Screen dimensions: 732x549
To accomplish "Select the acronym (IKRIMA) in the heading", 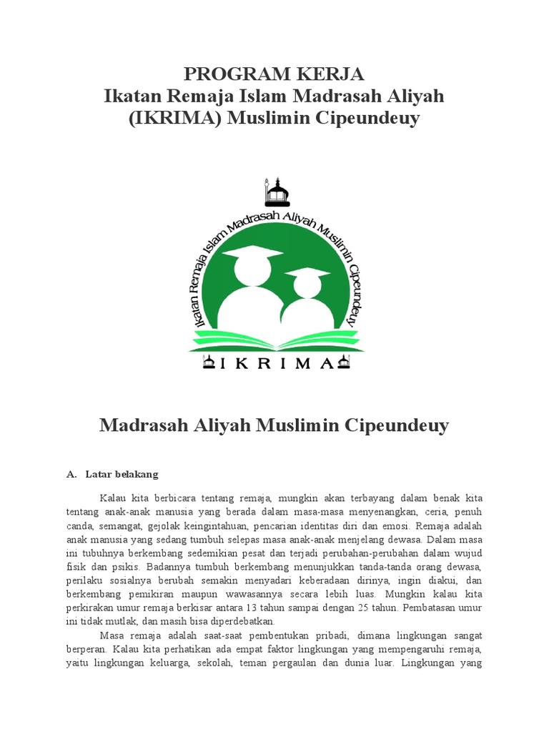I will click(x=175, y=118).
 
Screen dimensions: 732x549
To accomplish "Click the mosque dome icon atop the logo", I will click(x=276, y=192).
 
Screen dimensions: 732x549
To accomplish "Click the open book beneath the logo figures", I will click(x=276, y=337).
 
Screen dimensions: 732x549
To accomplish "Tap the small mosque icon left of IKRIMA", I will click(x=209, y=363).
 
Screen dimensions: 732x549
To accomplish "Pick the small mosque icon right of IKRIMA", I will click(x=344, y=363).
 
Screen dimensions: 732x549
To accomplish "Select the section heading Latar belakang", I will click(x=122, y=474).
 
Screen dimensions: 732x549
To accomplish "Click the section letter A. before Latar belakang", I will click(x=71, y=474).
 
